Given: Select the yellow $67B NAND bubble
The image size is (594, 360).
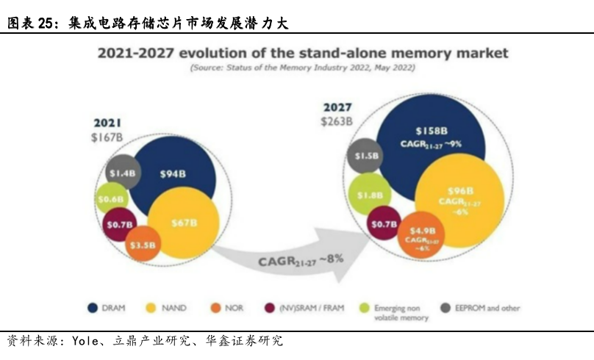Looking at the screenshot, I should coord(183,222).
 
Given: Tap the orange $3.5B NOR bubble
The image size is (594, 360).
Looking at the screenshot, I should coord(143,245).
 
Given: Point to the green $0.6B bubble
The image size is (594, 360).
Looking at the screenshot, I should coord(112,198).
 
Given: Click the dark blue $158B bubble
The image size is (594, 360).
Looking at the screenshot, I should coord(431,135).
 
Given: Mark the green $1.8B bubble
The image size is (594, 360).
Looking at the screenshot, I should coord(369,195).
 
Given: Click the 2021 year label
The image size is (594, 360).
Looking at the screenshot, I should coord(107,123).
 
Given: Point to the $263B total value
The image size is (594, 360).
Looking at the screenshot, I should coord(335,121).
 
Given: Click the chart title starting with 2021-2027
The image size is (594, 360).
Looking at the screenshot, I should coord(302,54).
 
